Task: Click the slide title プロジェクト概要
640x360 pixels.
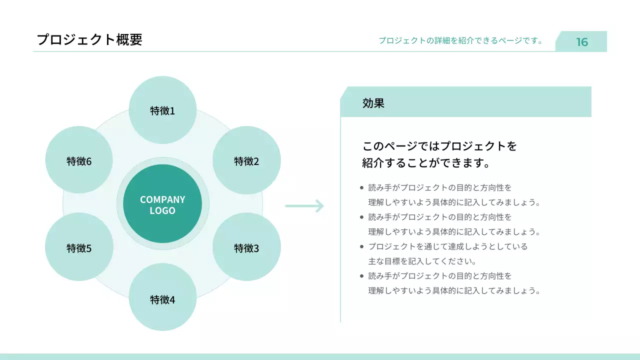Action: click(89, 39)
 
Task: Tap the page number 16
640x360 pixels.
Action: click(582, 42)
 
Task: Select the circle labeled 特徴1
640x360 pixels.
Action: click(162, 110)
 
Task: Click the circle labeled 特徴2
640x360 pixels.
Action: click(246, 161)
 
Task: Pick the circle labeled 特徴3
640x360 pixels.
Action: click(246, 247)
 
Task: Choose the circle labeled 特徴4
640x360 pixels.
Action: click(162, 299)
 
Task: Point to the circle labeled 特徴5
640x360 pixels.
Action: click(79, 247)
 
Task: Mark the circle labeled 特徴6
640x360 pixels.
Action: click(79, 161)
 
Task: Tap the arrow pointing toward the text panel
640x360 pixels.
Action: click(304, 205)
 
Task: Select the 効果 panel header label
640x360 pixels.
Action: click(373, 103)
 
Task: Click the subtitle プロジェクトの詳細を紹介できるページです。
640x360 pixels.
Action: click(460, 40)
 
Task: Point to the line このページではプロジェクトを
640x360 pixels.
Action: click(439, 146)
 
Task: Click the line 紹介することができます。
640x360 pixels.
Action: click(425, 163)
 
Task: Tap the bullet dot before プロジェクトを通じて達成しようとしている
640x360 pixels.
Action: click(361, 246)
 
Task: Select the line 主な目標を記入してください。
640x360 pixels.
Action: click(422, 261)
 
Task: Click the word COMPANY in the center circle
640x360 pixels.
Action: click(162, 199)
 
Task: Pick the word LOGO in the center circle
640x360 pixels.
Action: click(162, 211)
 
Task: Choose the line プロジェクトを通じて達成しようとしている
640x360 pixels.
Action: click(448, 246)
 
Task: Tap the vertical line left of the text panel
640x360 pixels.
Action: click(340, 220)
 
